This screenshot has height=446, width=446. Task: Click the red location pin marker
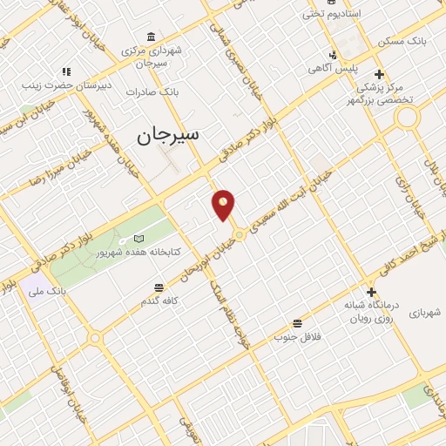224,205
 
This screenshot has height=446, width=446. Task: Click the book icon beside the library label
139,238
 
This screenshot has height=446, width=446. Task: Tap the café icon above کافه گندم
158,287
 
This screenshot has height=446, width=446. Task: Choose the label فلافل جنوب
298,335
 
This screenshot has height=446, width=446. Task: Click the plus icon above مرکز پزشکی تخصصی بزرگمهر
378,74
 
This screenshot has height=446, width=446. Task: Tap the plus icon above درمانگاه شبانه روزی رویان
372,292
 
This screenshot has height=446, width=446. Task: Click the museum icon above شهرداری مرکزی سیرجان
152,37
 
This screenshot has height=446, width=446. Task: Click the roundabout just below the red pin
238,234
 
